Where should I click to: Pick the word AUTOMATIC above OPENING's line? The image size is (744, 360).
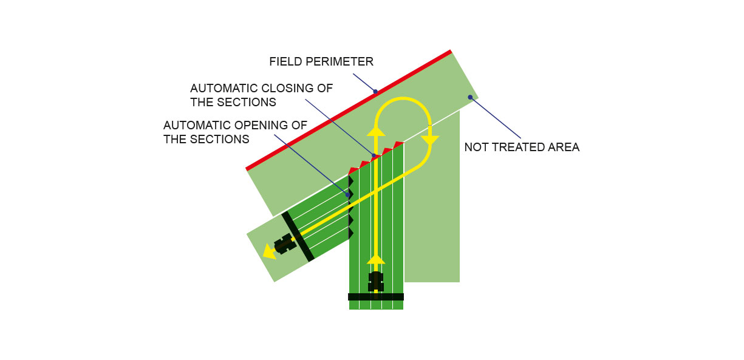(197, 126)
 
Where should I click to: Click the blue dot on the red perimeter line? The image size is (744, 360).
(375, 92)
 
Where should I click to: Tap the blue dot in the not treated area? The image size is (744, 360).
(470, 97)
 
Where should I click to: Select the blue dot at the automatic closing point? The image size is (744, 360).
(374, 155)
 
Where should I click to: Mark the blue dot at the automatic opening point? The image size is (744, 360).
(348, 195)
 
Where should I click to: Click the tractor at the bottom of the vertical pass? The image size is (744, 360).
(376, 282)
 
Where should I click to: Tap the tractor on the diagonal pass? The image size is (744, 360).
(285, 244)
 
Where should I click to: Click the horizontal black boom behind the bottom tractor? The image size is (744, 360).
(376, 297)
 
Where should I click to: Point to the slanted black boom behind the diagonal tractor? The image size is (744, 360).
(298, 236)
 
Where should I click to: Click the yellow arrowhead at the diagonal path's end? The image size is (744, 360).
(270, 251)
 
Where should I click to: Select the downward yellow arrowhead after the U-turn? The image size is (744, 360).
(430, 140)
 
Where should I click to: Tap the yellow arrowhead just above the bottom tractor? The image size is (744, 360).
(376, 259)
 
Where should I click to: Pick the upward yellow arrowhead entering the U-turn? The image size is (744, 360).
(376, 131)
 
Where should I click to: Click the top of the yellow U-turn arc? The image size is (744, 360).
(403, 98)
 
